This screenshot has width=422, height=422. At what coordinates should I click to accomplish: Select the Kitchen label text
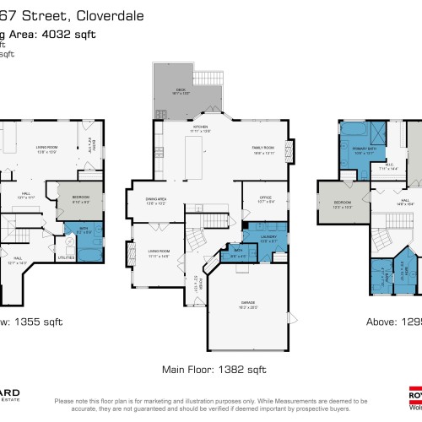[200, 128]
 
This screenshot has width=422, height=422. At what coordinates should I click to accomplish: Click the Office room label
[256, 200]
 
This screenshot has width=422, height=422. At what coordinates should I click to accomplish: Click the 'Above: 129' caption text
[393, 322]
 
